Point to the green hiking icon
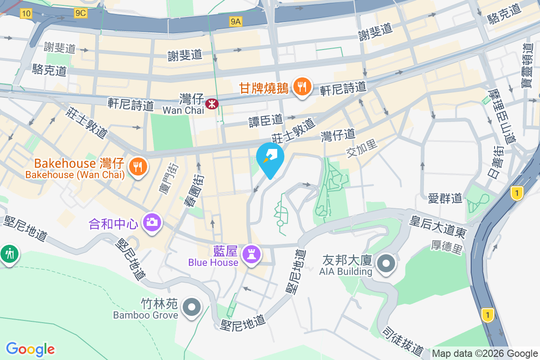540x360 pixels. pos(9,254)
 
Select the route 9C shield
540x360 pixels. pos(81,13)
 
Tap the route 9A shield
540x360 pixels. pos(236,21)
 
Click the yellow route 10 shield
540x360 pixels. pos(26,14)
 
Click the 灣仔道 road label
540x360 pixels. pos(338,134)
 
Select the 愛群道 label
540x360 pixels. pos(445,198)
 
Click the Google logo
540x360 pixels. pos(30,349)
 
